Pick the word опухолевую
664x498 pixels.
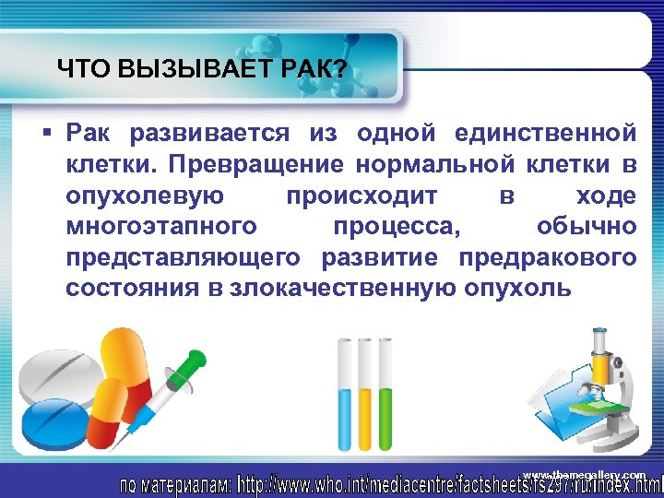tap(143, 196)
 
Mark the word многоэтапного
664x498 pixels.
tap(160, 227)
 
